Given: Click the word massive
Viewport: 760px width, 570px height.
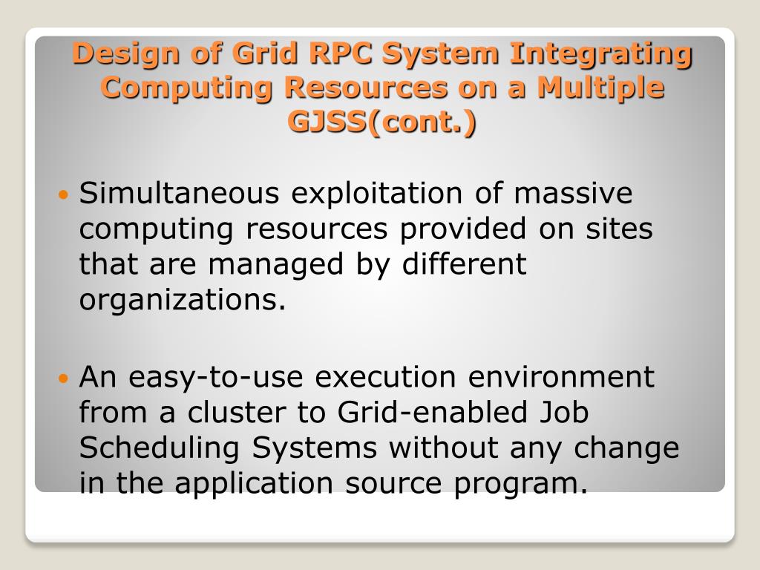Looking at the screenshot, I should (573, 194).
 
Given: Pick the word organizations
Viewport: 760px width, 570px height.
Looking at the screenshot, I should (182, 301).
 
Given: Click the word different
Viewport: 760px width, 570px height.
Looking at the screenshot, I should (464, 265).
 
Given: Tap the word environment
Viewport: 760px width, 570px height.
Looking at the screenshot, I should (560, 377).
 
